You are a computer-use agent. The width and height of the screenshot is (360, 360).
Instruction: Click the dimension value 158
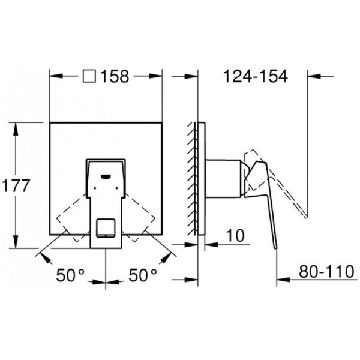[x=115, y=77]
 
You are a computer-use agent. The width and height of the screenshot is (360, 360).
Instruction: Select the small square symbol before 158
[x=89, y=77]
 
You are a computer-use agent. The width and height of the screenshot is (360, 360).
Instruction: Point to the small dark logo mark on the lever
[x=106, y=175]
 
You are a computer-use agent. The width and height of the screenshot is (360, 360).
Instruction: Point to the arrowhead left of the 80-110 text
[x=280, y=278]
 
